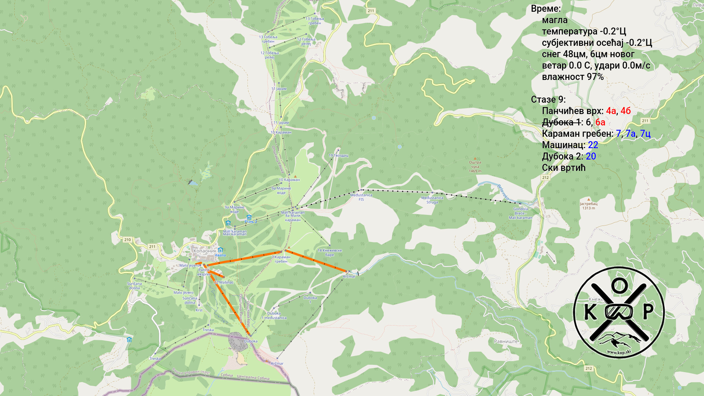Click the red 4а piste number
pos(611,111)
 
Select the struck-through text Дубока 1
pos(561,122)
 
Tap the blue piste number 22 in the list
pos(593,145)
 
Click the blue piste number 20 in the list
pos(591,156)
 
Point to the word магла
pos(554,20)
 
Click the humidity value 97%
pos(595,77)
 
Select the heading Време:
pos(546,9)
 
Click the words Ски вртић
pos(564,168)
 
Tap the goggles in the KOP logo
pos(619,312)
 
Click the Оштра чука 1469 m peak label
pos(475,167)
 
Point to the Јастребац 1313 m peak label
pos(588,206)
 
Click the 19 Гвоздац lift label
pos(338,155)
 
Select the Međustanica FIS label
pos(361,197)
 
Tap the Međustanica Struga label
pos(432,200)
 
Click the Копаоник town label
pos(205,251)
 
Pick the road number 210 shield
pos(127,240)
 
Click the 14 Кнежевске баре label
pos(329,253)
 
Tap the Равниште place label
pos(506,341)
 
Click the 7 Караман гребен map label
pos(281,259)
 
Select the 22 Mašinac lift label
pos(224,282)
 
